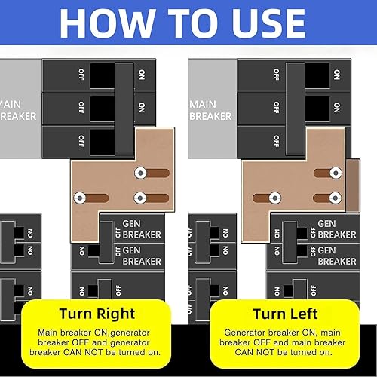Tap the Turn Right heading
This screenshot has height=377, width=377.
[x=98, y=314]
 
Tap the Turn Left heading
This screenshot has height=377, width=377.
[x=285, y=314]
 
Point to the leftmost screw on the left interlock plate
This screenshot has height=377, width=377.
[x=78, y=197]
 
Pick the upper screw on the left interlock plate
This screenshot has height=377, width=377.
[x=139, y=173]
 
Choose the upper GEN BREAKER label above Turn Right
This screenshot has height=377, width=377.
[x=142, y=229]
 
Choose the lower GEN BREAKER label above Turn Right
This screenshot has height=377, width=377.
[x=142, y=256]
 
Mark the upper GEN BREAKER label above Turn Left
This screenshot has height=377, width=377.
[x=337, y=229]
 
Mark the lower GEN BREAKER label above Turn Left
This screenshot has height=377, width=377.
[x=337, y=256]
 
